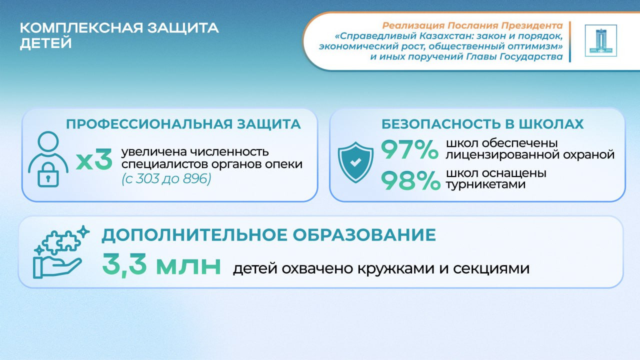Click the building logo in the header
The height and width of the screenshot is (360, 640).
click(600, 40)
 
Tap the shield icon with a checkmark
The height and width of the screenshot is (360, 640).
click(355, 162)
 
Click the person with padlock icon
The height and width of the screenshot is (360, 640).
click(48, 159)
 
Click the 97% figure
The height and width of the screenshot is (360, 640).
click(409, 149)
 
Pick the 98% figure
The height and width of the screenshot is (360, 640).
click(410, 180)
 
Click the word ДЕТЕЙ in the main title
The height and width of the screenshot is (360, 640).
click(45, 43)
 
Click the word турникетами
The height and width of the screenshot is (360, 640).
click(485, 184)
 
